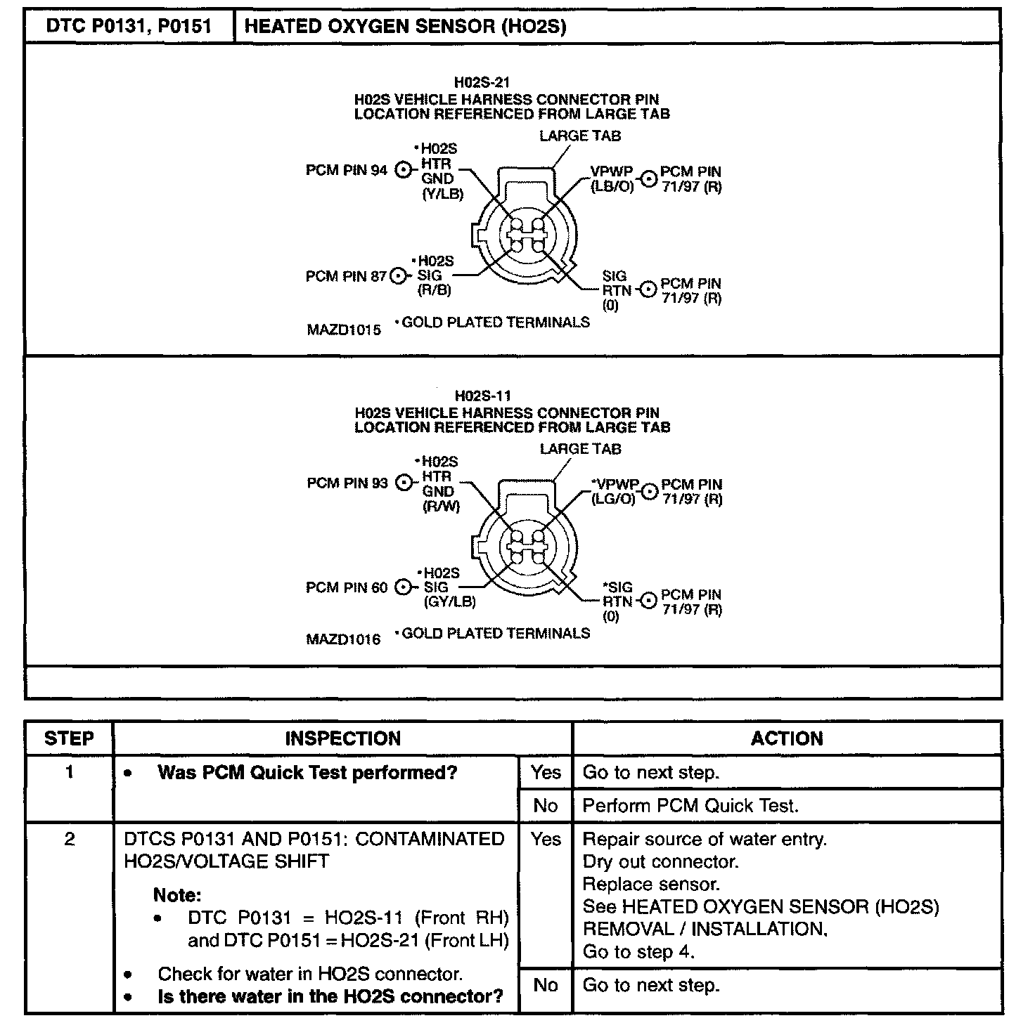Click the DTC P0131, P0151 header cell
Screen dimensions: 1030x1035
pos(129,27)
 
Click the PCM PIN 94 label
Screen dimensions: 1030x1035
pos(346,171)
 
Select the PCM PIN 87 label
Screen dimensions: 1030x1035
pos(345,277)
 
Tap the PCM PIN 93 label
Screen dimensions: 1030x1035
pos(347,483)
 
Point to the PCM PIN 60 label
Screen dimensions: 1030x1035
pos(346,587)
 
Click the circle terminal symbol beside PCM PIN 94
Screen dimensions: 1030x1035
pos(404,170)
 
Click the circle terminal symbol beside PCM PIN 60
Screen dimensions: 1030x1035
pos(404,587)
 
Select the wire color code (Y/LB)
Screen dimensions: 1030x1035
pos(442,194)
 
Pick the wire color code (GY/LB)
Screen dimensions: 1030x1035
pos(449,602)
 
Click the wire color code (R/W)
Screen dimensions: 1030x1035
pos(441,506)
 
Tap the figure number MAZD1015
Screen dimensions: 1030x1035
pos(343,330)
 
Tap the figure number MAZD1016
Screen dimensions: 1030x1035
pos(343,639)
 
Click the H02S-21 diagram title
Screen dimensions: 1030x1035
pos(482,83)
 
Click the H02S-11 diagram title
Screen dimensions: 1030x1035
pos(482,396)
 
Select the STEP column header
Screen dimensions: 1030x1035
pos(69,738)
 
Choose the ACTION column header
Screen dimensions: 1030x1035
pos(787,738)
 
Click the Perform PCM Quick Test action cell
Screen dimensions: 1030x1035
pos(690,806)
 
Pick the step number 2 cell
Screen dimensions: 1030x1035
pos(69,840)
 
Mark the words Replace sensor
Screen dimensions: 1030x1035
pos(651,885)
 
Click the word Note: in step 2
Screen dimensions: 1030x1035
pos(177,896)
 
